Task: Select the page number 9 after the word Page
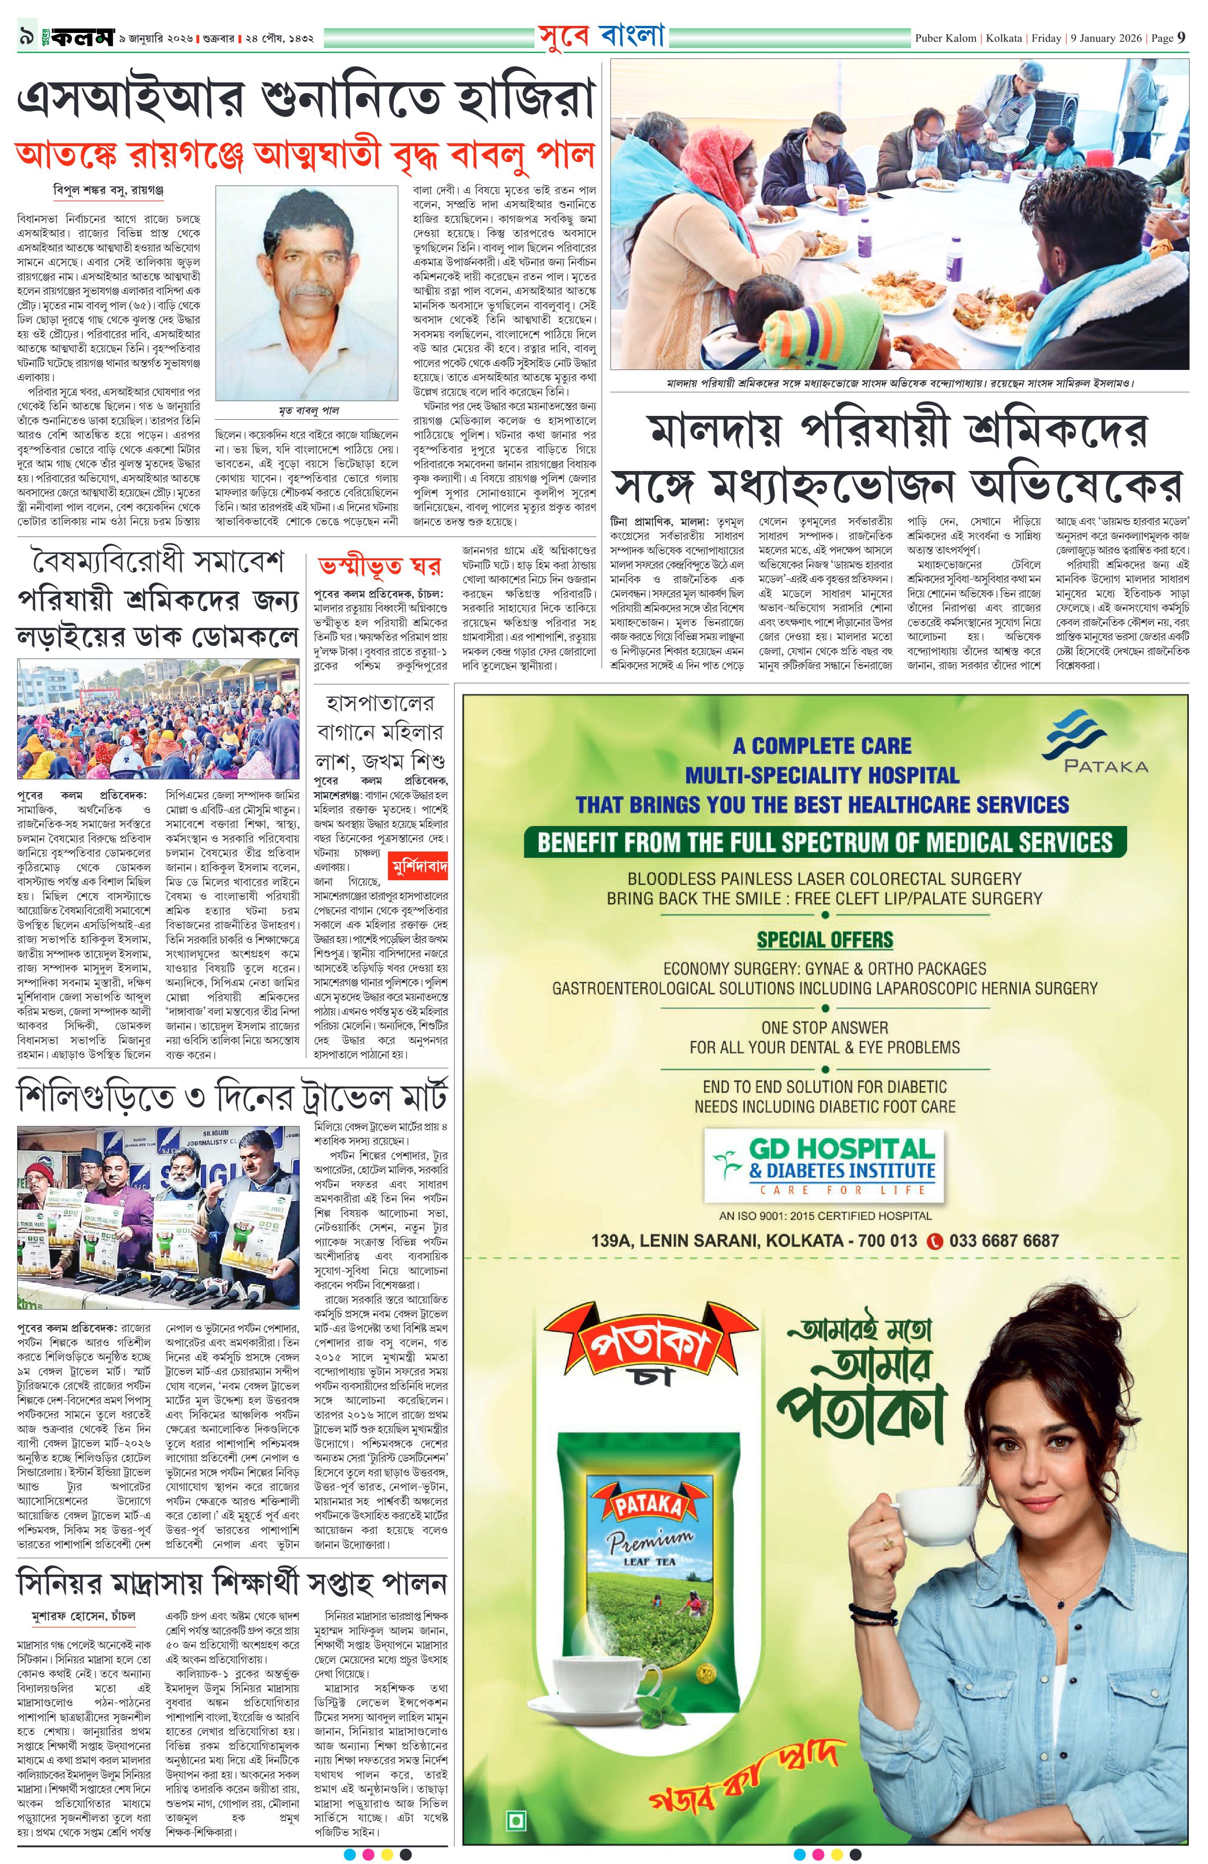1181,38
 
